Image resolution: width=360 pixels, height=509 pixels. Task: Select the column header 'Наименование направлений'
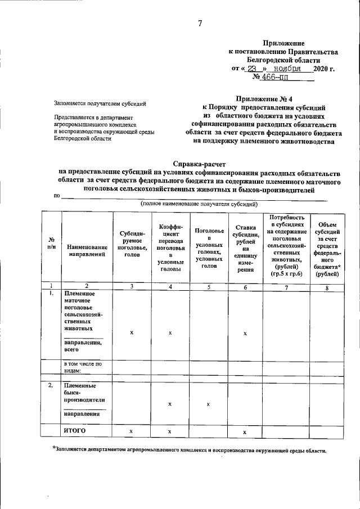tap(87, 250)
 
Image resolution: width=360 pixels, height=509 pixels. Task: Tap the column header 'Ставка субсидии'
tap(245, 248)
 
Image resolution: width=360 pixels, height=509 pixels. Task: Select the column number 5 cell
tap(208, 286)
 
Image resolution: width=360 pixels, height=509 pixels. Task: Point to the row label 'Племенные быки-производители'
tap(80, 393)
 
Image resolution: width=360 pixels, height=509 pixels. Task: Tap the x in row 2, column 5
tap(208, 404)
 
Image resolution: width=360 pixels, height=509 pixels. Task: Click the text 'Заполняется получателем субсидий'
tap(100, 103)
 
